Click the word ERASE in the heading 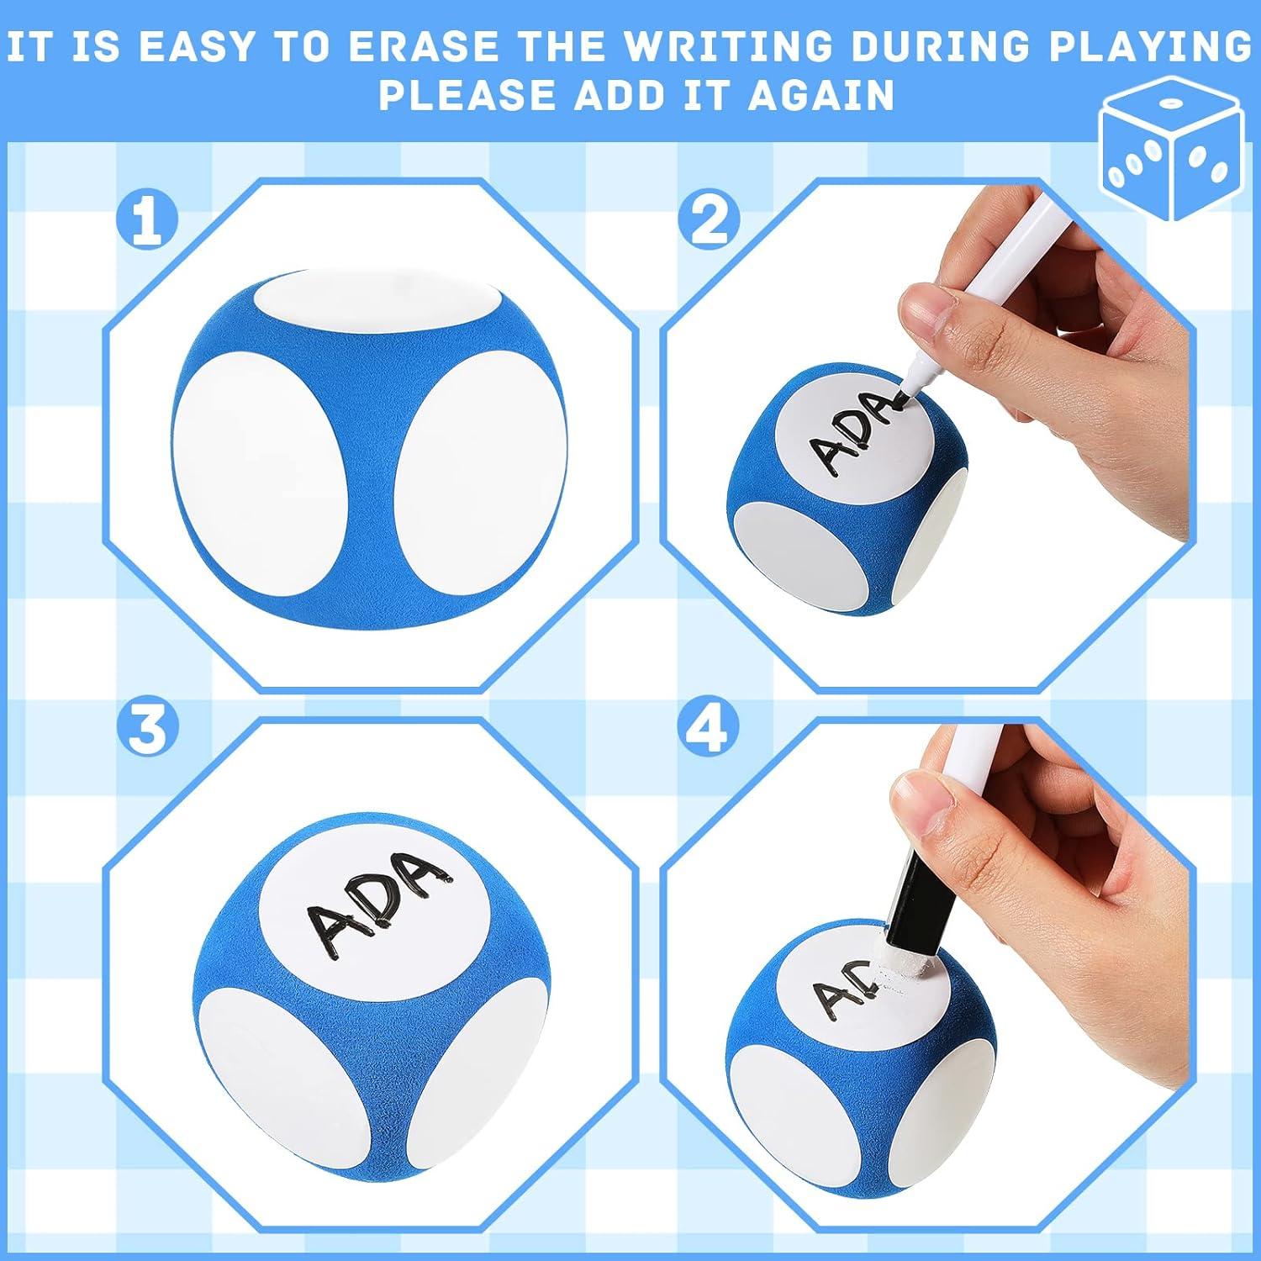coord(425,47)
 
